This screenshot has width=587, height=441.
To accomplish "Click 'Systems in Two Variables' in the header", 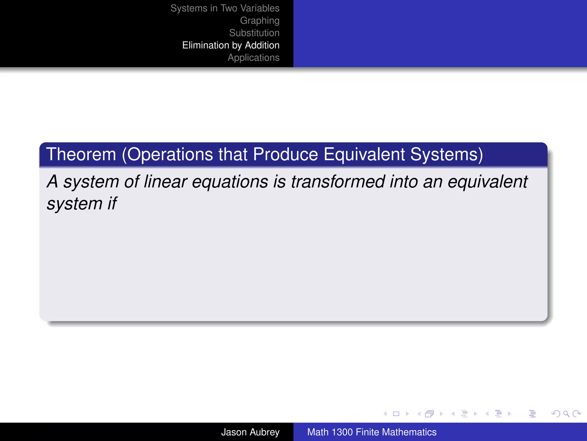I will coord(225,8).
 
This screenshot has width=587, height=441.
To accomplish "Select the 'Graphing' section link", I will coord(259,21).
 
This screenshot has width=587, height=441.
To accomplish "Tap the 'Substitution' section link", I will coord(254,33).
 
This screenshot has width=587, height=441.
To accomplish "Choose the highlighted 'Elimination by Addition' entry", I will coord(231,45).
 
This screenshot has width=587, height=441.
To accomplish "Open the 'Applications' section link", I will coord(253,58).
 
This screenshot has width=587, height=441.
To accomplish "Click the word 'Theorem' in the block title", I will coord(81,154).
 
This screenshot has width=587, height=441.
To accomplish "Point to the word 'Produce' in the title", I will coord(285,154).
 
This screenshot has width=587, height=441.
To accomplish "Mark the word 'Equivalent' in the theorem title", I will coord(364,154).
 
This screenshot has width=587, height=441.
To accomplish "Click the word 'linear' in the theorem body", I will coord(165,182).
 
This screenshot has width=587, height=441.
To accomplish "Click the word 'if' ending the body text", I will coord(112,204).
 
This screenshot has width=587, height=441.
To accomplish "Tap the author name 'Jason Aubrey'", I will coord(250,432).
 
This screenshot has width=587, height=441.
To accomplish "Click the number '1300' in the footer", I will coord(342,432).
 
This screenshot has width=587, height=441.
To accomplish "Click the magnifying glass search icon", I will coord(566,414).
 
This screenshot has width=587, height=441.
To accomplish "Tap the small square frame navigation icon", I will coord(396,414).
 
